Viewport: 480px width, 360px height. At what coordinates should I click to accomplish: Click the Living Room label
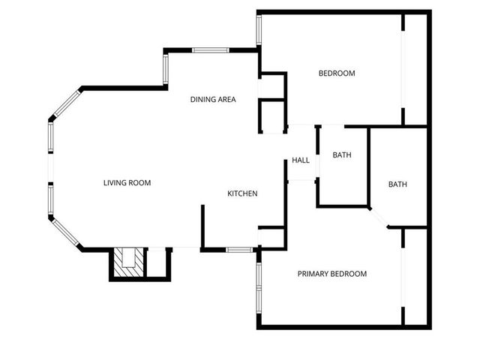coord(127,182)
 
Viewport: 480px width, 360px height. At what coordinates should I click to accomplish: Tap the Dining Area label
coord(213,99)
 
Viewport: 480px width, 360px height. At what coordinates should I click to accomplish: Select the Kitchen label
coord(242,193)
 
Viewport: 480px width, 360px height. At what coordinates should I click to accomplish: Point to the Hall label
coord(301,160)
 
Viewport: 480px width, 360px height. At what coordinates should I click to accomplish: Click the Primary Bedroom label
coord(331,274)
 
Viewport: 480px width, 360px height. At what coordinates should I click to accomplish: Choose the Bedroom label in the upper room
coord(337,73)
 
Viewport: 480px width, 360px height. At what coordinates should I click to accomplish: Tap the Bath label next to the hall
coord(342,155)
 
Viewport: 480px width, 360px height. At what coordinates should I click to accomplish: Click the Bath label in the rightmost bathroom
coord(397,184)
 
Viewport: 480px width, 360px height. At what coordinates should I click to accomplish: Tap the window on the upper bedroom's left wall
coord(259,30)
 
